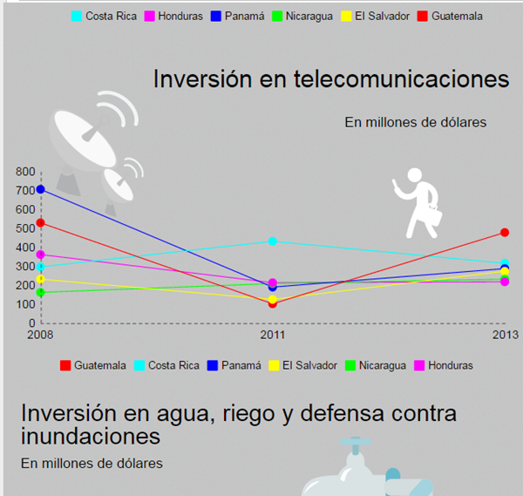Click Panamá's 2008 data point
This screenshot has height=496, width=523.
[x=40, y=189]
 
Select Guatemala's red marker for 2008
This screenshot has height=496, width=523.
[x=40, y=223]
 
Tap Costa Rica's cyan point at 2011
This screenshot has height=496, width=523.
[x=273, y=241]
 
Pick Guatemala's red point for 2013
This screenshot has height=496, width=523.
[x=505, y=233]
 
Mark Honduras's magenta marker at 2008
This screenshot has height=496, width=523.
[x=40, y=255]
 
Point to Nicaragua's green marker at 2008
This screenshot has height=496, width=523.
[x=40, y=293]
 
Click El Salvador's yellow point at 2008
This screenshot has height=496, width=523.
[x=40, y=279]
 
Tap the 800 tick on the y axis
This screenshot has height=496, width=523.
[x=25, y=172]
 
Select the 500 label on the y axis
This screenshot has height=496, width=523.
[x=25, y=228]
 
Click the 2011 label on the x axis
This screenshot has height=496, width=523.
[x=273, y=335]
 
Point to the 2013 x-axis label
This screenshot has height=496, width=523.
[x=506, y=335]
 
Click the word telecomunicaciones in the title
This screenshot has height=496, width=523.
[x=401, y=79]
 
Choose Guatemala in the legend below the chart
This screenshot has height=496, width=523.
[x=100, y=365]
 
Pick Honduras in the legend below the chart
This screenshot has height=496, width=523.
[x=451, y=365]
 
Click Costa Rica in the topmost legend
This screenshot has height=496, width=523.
[x=111, y=16]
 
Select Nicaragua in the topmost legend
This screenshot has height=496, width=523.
[x=309, y=16]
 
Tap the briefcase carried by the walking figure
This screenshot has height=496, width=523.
[x=432, y=215]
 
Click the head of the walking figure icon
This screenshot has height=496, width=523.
[x=415, y=175]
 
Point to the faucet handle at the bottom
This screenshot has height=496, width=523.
[x=356, y=442]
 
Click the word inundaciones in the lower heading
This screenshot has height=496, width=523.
[x=91, y=436]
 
